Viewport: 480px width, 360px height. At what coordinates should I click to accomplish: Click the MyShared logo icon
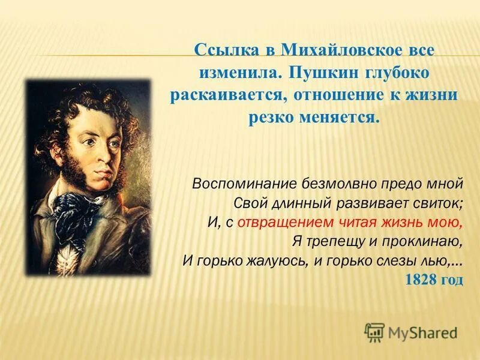[x=374, y=332]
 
